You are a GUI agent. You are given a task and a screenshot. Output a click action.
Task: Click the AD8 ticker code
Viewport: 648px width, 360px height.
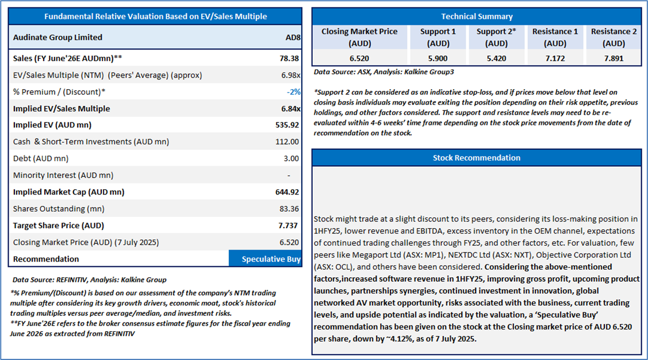[292, 37]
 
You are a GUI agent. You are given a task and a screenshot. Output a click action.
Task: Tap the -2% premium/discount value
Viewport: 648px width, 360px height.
[293, 92]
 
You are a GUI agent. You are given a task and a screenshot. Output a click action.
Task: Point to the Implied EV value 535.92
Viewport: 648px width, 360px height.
[287, 125]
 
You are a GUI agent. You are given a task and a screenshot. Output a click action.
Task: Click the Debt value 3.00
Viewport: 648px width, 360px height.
[291, 158]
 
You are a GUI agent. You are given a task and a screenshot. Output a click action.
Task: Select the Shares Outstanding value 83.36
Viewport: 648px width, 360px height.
[289, 209]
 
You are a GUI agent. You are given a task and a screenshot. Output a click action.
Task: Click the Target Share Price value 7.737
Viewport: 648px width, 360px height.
[289, 225]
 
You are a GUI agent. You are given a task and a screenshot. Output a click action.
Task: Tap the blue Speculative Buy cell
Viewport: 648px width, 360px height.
[265, 259]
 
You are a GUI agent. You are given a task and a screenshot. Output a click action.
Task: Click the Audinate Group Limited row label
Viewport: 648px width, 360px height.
[57, 37]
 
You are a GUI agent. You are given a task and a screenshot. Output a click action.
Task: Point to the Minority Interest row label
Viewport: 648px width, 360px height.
[63, 175]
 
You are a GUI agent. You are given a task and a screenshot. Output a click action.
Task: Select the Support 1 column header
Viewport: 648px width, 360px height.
[438, 37]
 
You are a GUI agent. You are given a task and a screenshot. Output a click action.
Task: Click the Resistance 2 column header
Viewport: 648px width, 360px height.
[614, 37]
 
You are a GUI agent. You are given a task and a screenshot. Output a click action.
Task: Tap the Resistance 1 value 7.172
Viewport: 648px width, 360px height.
[555, 58]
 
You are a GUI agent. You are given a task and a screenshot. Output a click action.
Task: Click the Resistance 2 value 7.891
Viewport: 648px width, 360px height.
[614, 58]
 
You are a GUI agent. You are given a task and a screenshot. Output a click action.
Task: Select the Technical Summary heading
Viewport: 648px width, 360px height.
[477, 17]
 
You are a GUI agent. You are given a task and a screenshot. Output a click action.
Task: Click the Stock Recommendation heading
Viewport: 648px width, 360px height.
[477, 158]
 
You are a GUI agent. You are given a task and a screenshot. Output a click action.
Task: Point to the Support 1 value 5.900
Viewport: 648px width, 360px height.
[438, 58]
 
